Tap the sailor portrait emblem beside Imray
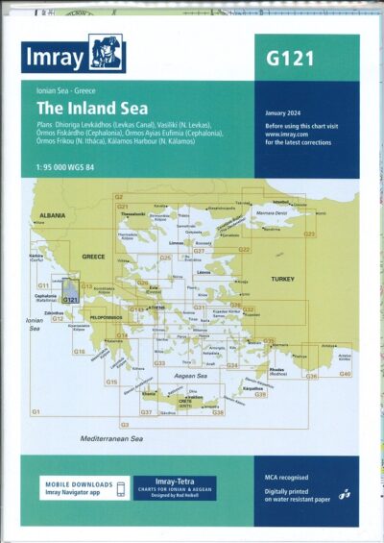tap(108, 54)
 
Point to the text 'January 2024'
tap(285, 112)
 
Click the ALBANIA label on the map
tap(52, 217)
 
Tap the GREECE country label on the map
tap(93, 257)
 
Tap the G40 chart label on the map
tap(345, 373)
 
